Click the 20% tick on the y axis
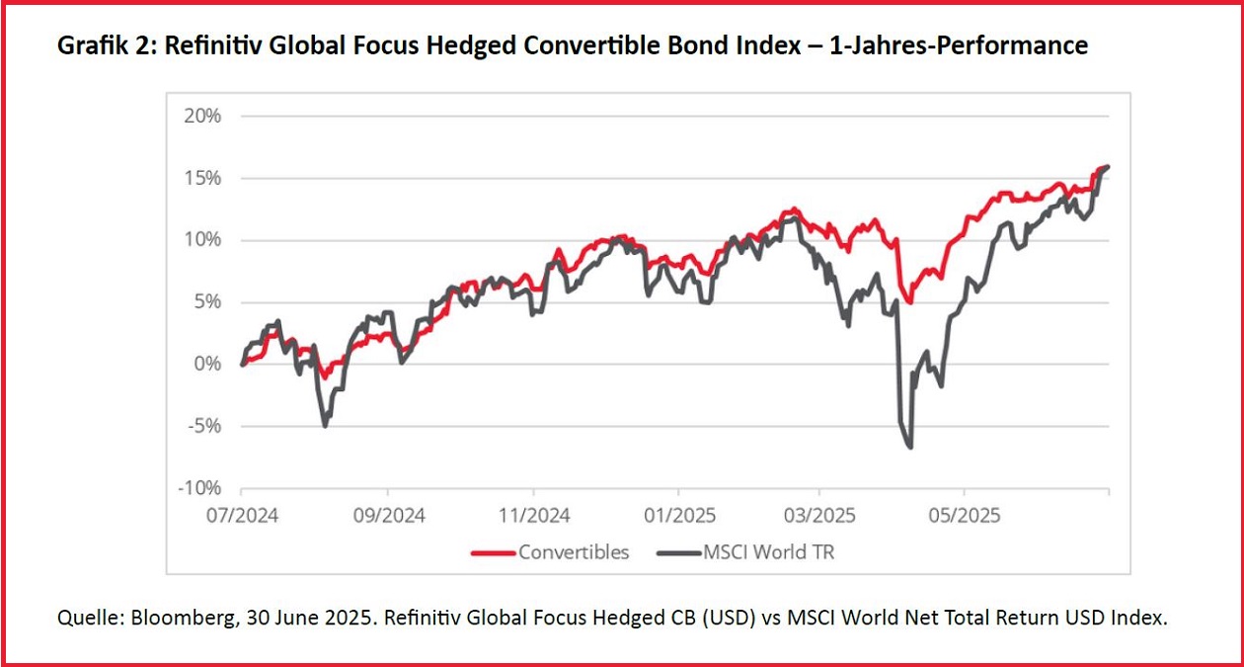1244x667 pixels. tap(202, 116)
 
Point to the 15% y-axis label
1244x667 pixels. tap(202, 178)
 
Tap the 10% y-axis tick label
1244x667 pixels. tap(202, 240)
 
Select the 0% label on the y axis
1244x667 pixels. tap(208, 364)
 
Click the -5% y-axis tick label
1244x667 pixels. tap(204, 426)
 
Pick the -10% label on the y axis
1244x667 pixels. tap(200, 488)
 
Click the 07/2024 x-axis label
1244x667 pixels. tap(242, 515)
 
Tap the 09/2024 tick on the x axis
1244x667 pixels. tap(388, 515)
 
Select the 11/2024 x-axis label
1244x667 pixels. tap(533, 515)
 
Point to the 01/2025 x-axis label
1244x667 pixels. tap(678, 515)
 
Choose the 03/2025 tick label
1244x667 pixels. tap(818, 515)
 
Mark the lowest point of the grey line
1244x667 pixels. tap(909, 448)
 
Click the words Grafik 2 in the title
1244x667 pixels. tap(98, 45)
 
